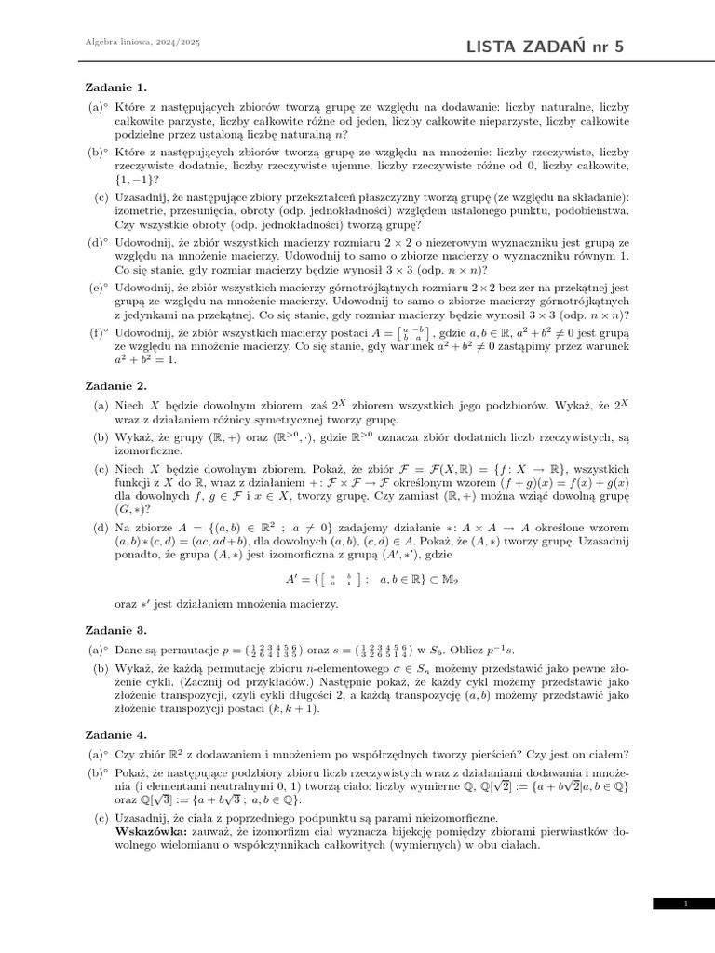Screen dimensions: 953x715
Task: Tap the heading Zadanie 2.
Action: point(116,384)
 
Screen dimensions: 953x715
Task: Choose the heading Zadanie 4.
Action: point(116,734)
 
